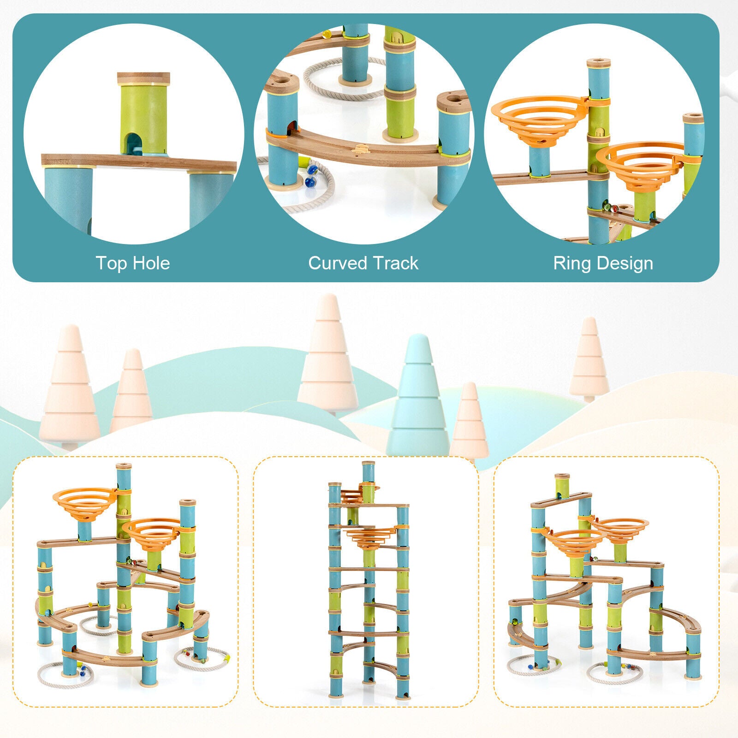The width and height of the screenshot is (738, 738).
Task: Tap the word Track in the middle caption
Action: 395,263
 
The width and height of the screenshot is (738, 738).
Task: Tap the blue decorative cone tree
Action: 418,401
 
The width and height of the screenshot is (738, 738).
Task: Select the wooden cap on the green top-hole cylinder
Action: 143,78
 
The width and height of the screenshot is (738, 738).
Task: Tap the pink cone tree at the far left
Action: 69,392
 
